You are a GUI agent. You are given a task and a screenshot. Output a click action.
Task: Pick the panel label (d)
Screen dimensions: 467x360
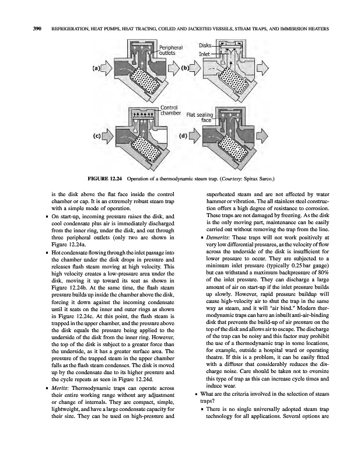183,137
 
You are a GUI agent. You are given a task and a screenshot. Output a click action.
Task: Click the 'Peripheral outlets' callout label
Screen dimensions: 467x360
167,50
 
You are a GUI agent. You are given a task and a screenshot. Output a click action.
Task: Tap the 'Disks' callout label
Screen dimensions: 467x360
205,45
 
